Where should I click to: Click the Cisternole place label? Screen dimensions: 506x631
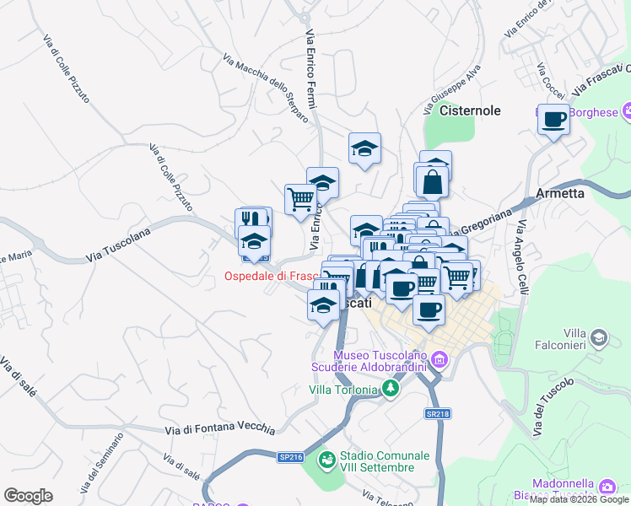tap(471, 110)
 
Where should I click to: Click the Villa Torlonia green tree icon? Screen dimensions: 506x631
tap(390, 388)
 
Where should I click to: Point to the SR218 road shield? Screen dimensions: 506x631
tap(437, 414)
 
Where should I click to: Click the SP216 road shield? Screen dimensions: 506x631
tap(289, 456)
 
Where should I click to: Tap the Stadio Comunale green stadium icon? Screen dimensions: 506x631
tap(326, 460)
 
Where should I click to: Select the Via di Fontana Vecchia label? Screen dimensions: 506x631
tap(219, 429)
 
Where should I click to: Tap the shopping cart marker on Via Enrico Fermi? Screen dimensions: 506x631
tap(300, 200)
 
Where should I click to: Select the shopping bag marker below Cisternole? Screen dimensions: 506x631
tap(432, 180)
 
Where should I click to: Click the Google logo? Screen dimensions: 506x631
tap(28, 496)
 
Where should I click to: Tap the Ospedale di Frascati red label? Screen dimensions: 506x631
tap(269, 276)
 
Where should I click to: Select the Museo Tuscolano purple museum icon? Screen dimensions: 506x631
tap(439, 361)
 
